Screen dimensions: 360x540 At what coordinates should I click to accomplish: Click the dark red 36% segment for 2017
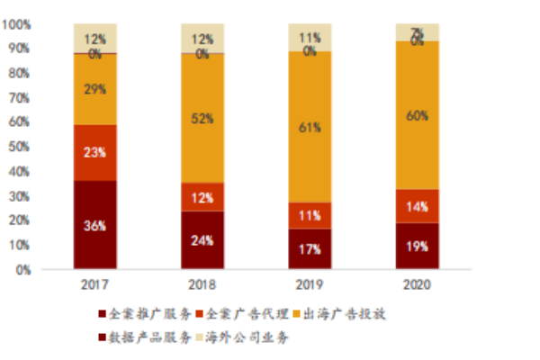[x=95, y=225]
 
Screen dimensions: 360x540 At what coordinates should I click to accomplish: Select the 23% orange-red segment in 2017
[x=95, y=152]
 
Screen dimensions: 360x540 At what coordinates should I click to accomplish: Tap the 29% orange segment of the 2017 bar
[x=95, y=89]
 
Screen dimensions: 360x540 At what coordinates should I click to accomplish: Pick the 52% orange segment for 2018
[x=202, y=118]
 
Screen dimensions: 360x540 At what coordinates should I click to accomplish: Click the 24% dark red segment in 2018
[x=202, y=239]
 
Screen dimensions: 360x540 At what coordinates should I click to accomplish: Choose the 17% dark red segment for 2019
[x=310, y=248]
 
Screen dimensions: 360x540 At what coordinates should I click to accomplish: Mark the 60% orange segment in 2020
[x=418, y=115]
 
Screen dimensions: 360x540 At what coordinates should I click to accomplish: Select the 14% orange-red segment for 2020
[x=418, y=206]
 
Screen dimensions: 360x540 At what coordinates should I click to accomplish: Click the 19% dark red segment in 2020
[x=418, y=246]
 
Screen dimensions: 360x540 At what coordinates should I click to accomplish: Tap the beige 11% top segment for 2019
[x=310, y=38]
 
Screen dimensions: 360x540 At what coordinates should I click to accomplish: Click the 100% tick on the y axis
[x=22, y=24]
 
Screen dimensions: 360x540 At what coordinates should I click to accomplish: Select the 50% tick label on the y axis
[x=24, y=146]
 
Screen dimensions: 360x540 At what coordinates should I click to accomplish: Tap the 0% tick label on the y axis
[x=28, y=268]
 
